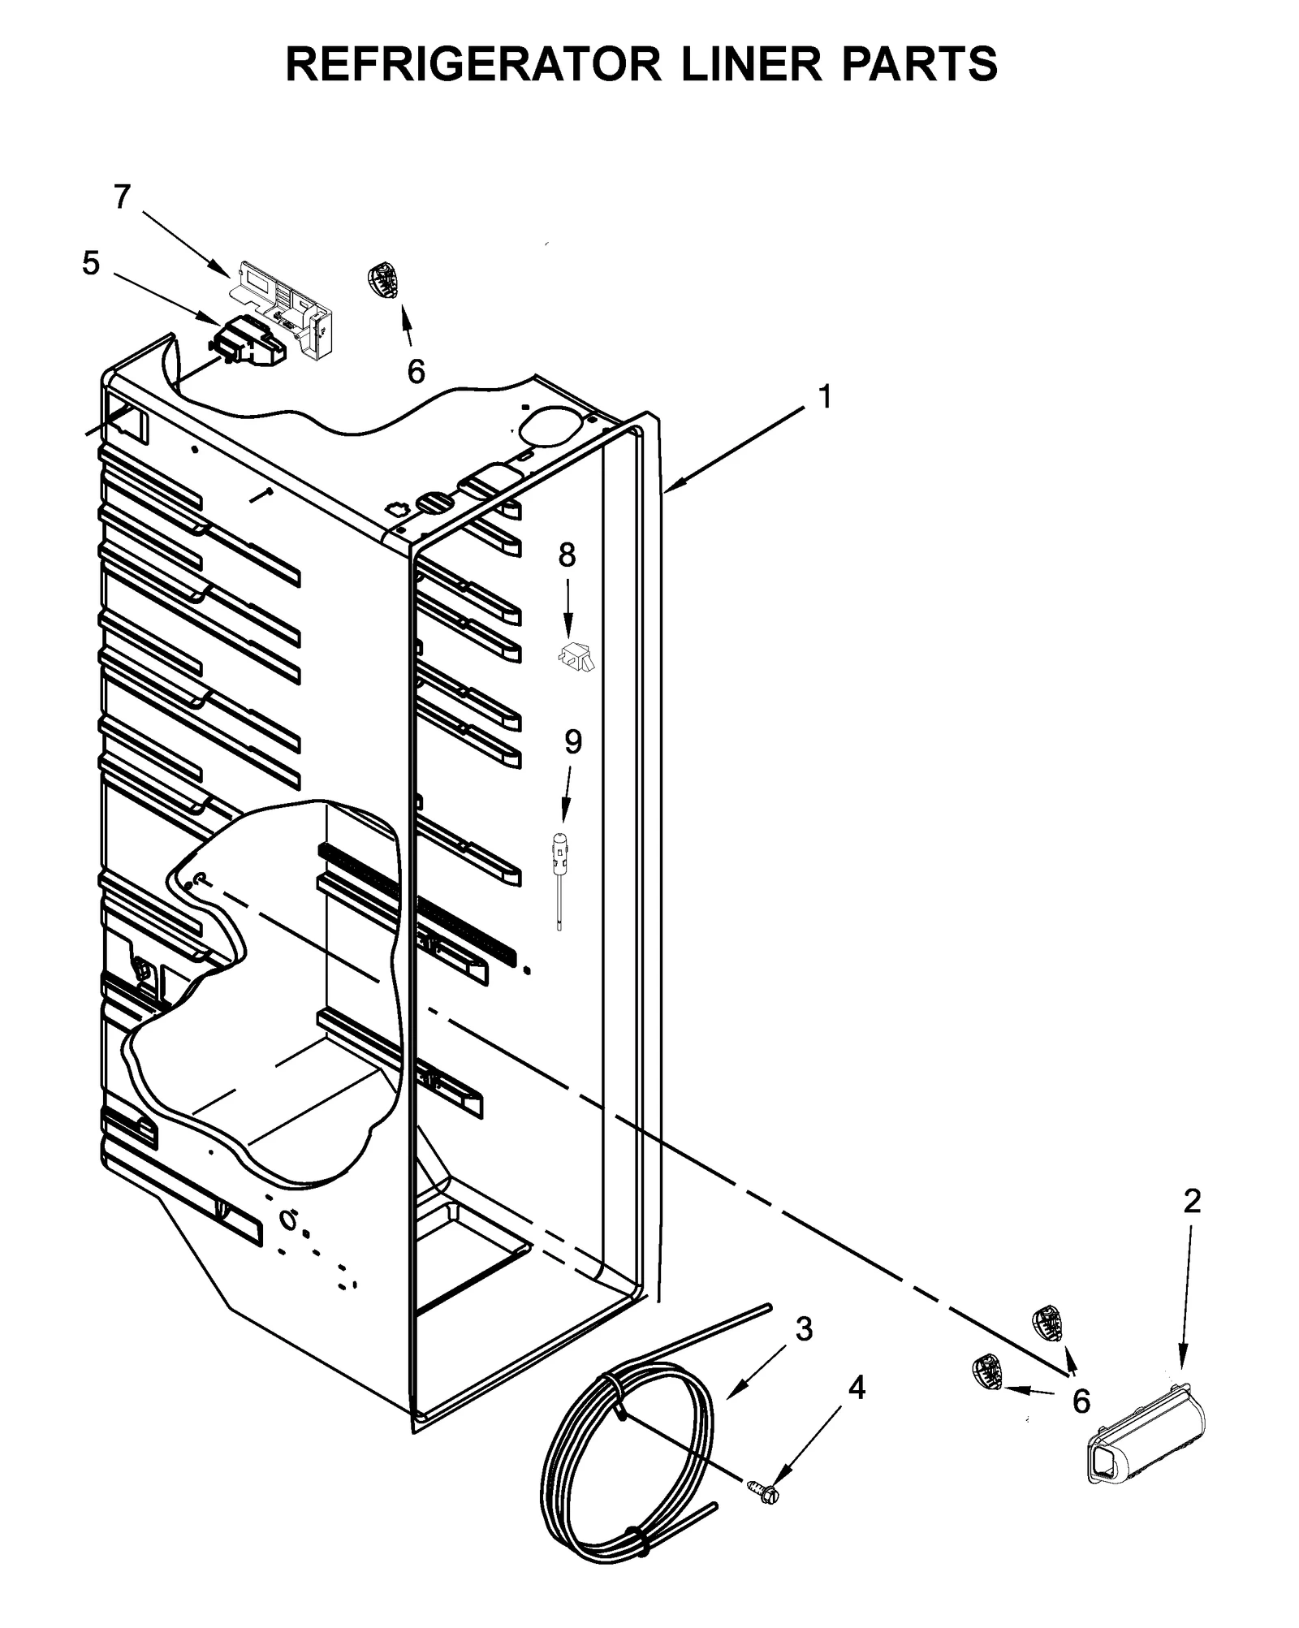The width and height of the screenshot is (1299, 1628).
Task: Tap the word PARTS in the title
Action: click(918, 64)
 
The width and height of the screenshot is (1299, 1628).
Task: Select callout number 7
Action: click(122, 196)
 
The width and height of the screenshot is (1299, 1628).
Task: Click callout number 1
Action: click(824, 398)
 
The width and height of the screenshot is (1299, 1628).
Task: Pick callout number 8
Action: click(567, 555)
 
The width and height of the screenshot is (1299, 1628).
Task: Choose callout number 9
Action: click(573, 741)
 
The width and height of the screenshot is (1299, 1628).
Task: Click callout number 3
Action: click(803, 1329)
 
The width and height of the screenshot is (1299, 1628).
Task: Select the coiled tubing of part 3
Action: click(625, 1453)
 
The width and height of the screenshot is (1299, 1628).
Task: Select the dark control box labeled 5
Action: click(248, 341)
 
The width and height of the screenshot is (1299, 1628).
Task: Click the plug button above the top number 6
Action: click(381, 279)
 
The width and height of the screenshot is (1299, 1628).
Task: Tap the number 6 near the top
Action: click(416, 372)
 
